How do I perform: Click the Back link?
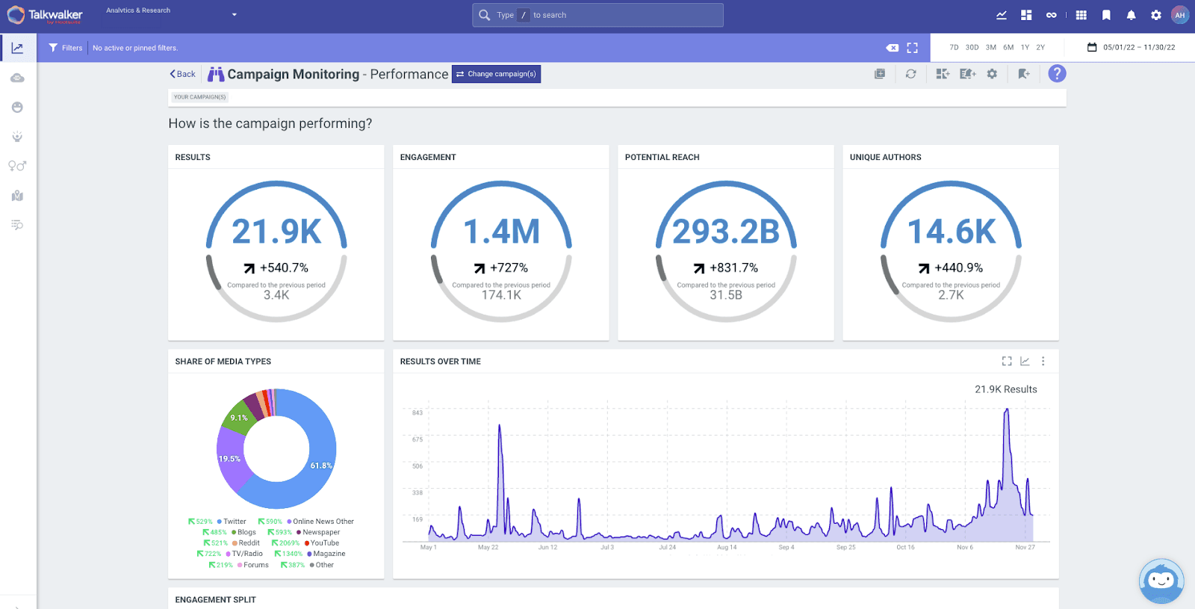[182, 74]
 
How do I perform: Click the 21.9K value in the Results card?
[276, 232]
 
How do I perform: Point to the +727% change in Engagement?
[501, 268]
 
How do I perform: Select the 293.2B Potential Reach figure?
[726, 232]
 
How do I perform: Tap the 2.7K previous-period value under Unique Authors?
[951, 295]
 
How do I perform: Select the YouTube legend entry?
[324, 543]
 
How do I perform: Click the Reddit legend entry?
[249, 543]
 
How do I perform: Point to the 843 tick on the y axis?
[418, 412]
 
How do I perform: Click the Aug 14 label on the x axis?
[727, 548]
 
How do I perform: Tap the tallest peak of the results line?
[1007, 411]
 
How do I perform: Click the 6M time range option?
[1008, 47]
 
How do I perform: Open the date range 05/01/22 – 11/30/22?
[1132, 47]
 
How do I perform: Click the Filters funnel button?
[65, 48]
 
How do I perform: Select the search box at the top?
[597, 15]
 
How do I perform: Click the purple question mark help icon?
[1057, 74]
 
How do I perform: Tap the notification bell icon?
[1131, 15]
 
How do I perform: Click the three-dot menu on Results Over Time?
[1043, 362]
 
